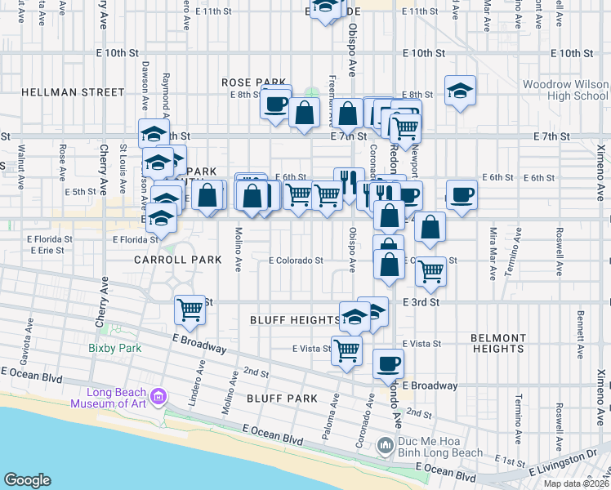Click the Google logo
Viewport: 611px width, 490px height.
pos(27,480)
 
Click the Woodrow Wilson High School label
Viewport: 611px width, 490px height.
pos(565,90)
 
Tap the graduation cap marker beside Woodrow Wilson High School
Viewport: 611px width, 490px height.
pos(461,91)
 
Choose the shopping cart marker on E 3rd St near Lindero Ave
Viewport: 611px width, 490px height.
pos(190,309)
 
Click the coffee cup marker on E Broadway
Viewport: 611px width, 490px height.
pos(388,363)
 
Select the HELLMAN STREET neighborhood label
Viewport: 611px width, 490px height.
pos(73,92)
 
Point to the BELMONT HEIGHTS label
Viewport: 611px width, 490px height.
pos(497,343)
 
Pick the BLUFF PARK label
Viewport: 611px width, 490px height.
pos(281,399)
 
